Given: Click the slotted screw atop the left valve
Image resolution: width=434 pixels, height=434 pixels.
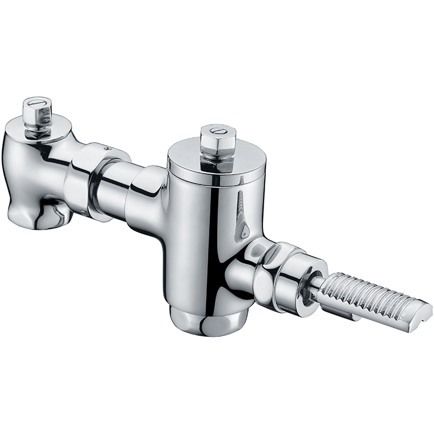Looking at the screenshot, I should point(36,101).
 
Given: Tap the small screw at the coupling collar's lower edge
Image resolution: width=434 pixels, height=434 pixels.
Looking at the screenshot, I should point(82,213).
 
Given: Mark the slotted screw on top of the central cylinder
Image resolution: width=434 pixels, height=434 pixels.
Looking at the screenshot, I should point(217,131).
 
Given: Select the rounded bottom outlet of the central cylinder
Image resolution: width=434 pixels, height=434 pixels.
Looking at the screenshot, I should point(209,320).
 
